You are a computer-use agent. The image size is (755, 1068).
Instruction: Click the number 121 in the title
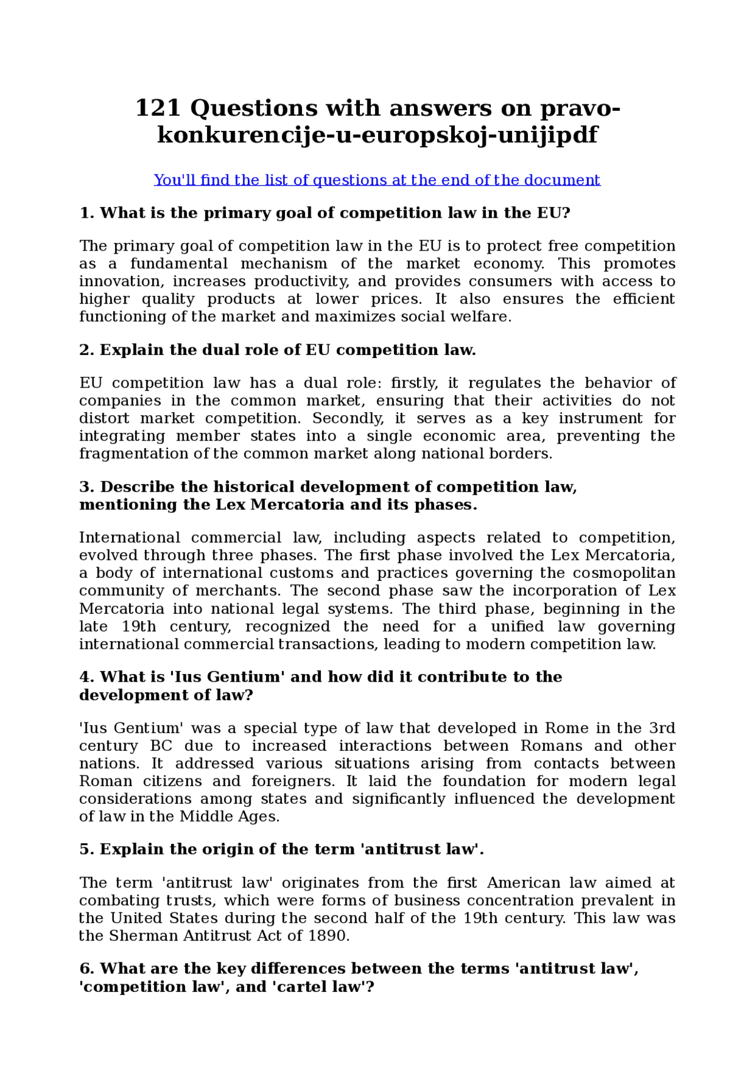tap(157, 109)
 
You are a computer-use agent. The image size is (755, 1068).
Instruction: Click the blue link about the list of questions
tap(377, 180)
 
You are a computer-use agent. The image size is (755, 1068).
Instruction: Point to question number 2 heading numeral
tap(87, 350)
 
